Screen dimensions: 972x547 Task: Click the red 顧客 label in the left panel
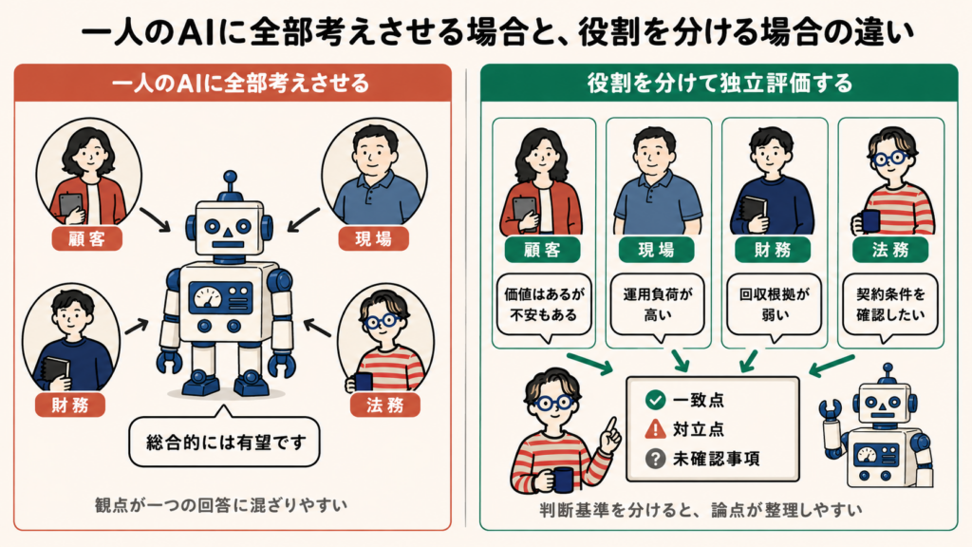click(x=86, y=238)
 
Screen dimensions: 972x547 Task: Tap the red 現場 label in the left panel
click(x=374, y=238)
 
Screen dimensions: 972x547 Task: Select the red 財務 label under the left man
click(x=70, y=405)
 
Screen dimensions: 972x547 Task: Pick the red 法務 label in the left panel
click(x=385, y=405)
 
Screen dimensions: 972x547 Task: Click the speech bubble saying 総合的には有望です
click(x=224, y=441)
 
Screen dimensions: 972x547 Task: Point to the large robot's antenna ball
click(x=230, y=178)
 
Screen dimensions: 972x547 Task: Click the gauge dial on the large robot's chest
click(x=208, y=297)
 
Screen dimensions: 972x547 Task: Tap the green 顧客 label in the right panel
click(x=542, y=250)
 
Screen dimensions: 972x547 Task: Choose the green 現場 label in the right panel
click(x=657, y=250)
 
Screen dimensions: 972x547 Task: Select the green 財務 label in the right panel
click(x=773, y=250)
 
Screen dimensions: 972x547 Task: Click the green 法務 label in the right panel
click(x=890, y=250)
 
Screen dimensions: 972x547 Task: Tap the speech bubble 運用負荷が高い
click(x=658, y=305)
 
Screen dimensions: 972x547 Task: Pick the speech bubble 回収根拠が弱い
click(x=775, y=305)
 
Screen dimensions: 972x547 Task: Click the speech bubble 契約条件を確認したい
click(x=890, y=305)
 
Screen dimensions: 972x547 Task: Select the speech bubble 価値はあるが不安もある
click(x=544, y=305)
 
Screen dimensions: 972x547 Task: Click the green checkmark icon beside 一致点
click(x=655, y=400)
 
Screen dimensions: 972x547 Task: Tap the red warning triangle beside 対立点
click(x=655, y=428)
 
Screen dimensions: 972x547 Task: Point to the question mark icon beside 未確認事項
click(x=655, y=459)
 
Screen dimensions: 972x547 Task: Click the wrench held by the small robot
click(x=830, y=410)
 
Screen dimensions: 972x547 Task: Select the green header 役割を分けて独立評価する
click(x=720, y=83)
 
